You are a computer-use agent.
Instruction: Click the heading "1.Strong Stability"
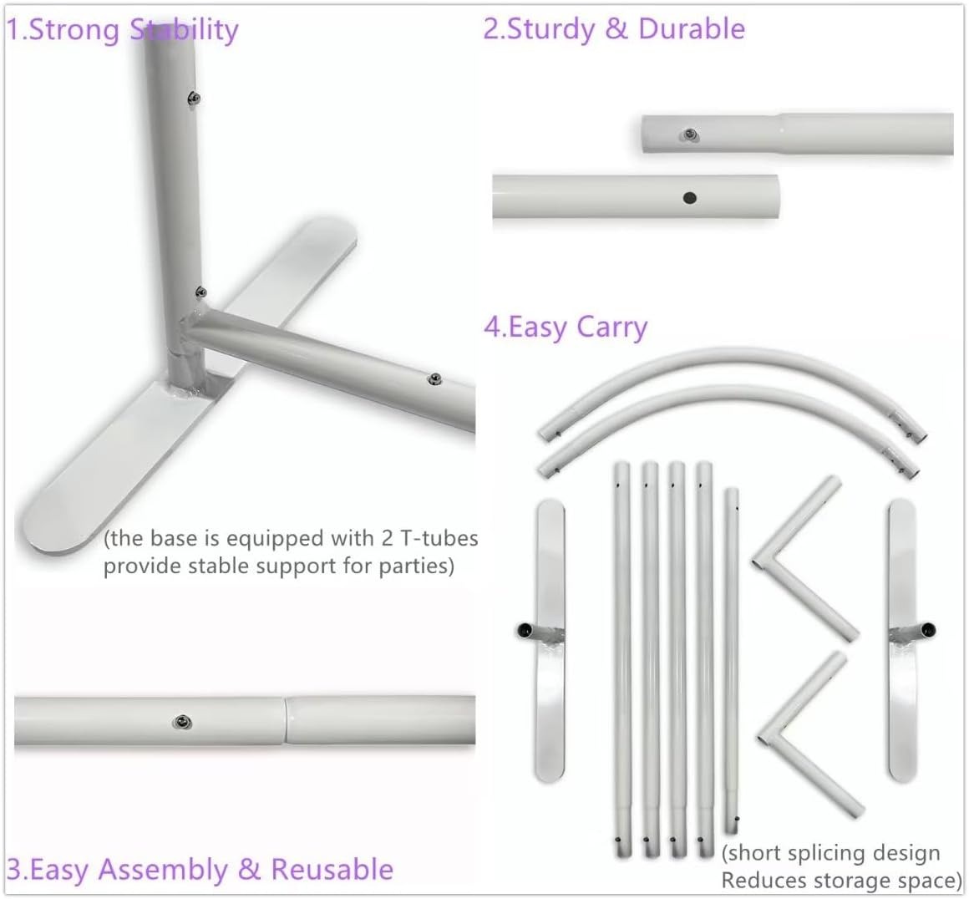tap(122, 30)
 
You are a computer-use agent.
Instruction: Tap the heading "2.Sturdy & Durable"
tap(614, 29)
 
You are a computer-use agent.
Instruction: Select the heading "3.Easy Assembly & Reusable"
tap(200, 869)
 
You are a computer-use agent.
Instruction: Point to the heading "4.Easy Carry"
tap(566, 327)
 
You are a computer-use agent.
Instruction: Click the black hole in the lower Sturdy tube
tap(690, 198)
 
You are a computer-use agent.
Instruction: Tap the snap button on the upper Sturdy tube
tap(689, 135)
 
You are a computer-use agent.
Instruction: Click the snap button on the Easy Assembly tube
tap(182, 722)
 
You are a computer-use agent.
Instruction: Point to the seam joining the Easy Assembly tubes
tap(286, 720)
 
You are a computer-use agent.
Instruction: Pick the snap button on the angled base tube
tap(435, 379)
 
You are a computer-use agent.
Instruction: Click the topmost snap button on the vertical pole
tap(194, 98)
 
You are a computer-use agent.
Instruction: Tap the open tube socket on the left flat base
tap(525, 631)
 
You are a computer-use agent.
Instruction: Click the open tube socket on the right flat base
tap(928, 630)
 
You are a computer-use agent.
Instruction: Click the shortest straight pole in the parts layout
tap(732, 658)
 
